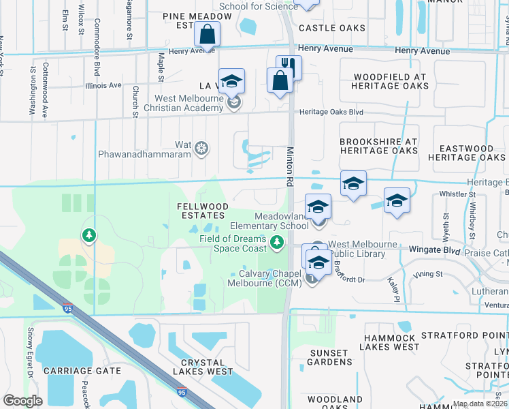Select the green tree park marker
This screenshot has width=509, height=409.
(88, 236)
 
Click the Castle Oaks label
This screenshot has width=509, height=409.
(331, 28)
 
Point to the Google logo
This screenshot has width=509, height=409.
(22, 401)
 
